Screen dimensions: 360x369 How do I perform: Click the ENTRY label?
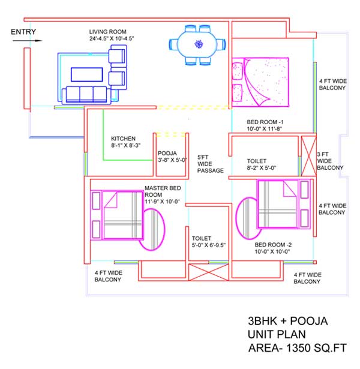[23, 32]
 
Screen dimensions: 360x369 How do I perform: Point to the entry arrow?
[27, 41]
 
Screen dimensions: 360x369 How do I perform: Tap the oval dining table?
[197, 44]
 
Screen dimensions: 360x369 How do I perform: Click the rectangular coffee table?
[87, 74]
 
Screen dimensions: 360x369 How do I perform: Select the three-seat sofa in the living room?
[86, 95]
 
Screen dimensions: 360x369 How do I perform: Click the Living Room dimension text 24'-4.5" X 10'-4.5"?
[112, 38]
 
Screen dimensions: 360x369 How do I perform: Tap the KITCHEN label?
[123, 139]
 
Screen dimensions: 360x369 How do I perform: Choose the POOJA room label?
[167, 153]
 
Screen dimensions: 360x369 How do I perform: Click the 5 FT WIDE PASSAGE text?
[211, 164]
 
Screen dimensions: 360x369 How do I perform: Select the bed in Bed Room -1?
[260, 82]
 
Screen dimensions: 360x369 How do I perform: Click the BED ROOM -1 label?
[265, 122]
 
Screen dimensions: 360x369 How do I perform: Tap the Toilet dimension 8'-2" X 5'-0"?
[261, 168]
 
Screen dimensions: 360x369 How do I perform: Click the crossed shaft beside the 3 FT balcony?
[309, 156]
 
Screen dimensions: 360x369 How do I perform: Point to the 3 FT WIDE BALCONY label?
[330, 161]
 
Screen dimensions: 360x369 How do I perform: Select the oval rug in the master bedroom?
[152, 229]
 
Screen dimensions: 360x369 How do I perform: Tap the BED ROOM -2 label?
[273, 245]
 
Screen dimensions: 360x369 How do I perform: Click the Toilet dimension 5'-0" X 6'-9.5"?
[208, 245]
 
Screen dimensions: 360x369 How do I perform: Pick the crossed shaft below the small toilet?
[208, 272]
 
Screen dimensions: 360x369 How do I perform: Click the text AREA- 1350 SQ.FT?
[298, 348]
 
